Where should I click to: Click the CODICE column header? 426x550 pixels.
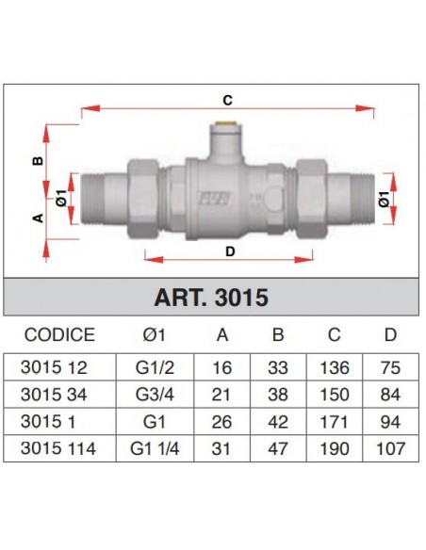59,334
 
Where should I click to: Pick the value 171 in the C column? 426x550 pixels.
333,420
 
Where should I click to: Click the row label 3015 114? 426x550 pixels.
60,448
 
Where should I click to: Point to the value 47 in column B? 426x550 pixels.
277,448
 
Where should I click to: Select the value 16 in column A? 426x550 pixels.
223,365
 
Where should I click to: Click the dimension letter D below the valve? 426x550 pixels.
229,251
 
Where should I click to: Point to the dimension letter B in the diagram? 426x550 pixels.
39,161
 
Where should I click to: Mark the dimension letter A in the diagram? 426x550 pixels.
39,218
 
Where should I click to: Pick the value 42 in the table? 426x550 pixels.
277,420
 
